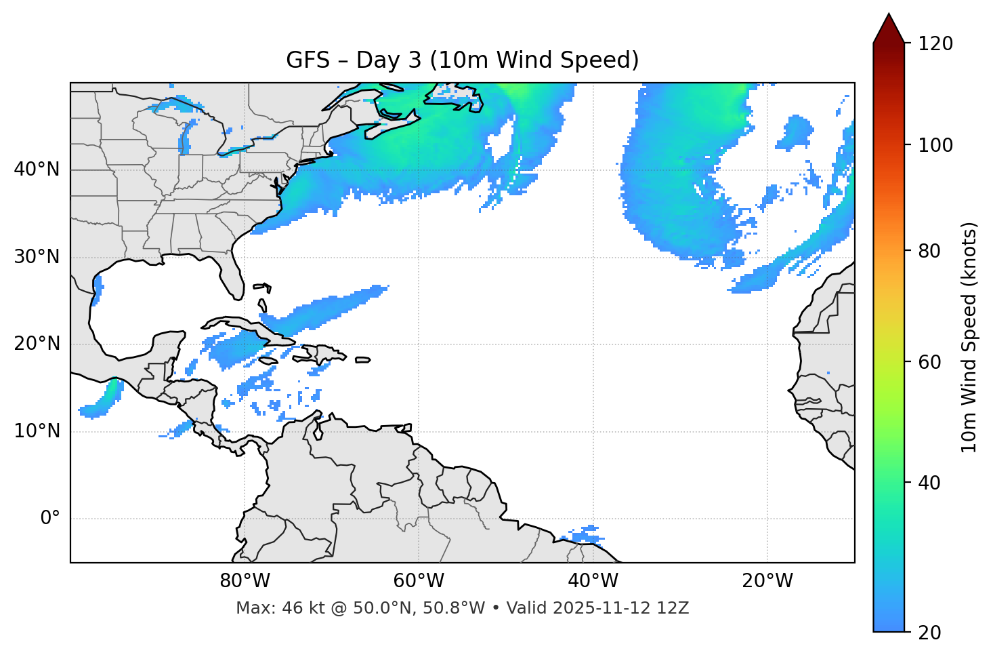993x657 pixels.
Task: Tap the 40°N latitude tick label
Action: tap(37, 170)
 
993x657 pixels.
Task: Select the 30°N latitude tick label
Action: tap(37, 257)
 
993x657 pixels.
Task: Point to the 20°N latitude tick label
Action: tap(37, 344)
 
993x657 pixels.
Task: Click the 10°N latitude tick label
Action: tap(37, 431)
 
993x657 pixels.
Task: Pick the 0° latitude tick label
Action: tap(50, 519)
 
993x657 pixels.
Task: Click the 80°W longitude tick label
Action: tap(245, 581)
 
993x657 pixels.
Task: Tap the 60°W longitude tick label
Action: tap(419, 581)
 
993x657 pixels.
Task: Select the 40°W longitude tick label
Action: tap(593, 581)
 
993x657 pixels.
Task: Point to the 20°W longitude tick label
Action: tap(767, 581)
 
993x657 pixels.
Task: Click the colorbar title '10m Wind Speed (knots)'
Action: tap(969, 338)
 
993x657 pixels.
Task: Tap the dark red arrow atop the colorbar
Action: tap(889, 28)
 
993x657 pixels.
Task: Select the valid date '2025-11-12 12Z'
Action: tap(620, 608)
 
